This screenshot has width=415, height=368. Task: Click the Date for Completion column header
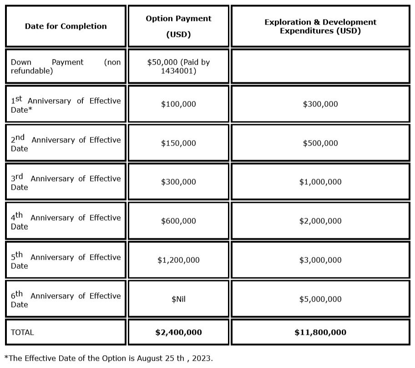pyautogui.click(x=66, y=26)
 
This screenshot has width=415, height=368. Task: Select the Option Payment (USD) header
pyautogui.click(x=178, y=26)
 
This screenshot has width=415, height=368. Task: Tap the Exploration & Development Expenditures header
pyautogui.click(x=320, y=26)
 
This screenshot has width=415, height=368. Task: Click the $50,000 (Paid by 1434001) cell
pyautogui.click(x=178, y=66)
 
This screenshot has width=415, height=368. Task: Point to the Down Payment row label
pyautogui.click(x=66, y=66)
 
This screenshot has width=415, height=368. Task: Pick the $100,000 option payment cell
pyautogui.click(x=178, y=104)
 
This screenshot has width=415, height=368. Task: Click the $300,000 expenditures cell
pyautogui.click(x=320, y=104)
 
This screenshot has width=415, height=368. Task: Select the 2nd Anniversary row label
pyautogui.click(x=66, y=143)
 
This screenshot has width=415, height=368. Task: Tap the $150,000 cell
pyautogui.click(x=178, y=143)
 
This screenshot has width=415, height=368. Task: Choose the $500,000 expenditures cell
pyautogui.click(x=320, y=143)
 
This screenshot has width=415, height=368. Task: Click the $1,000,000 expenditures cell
pyautogui.click(x=320, y=182)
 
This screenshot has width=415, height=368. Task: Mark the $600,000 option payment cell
pyautogui.click(x=178, y=221)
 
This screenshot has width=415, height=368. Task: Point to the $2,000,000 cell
pyautogui.click(x=320, y=221)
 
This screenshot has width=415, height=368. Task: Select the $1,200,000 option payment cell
pyautogui.click(x=178, y=260)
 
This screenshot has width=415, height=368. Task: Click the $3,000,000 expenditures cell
pyautogui.click(x=320, y=260)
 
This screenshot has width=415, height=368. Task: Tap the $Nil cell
pyautogui.click(x=178, y=299)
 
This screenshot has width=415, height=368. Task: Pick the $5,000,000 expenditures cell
pyautogui.click(x=320, y=299)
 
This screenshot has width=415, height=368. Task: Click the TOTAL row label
pyautogui.click(x=22, y=333)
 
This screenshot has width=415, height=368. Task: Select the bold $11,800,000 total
pyautogui.click(x=320, y=333)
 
